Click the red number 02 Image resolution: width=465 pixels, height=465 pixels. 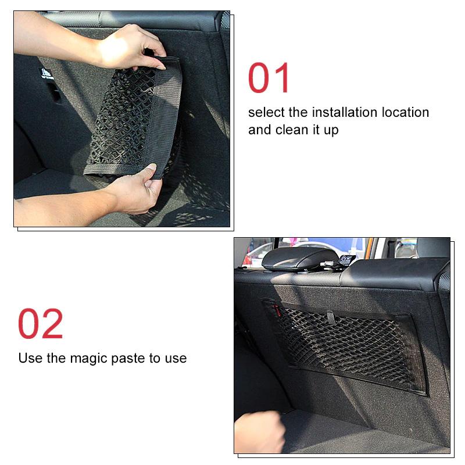tap(40, 324)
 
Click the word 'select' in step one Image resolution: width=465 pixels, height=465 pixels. tap(266, 112)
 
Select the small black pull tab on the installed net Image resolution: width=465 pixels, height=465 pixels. tap(330, 318)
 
